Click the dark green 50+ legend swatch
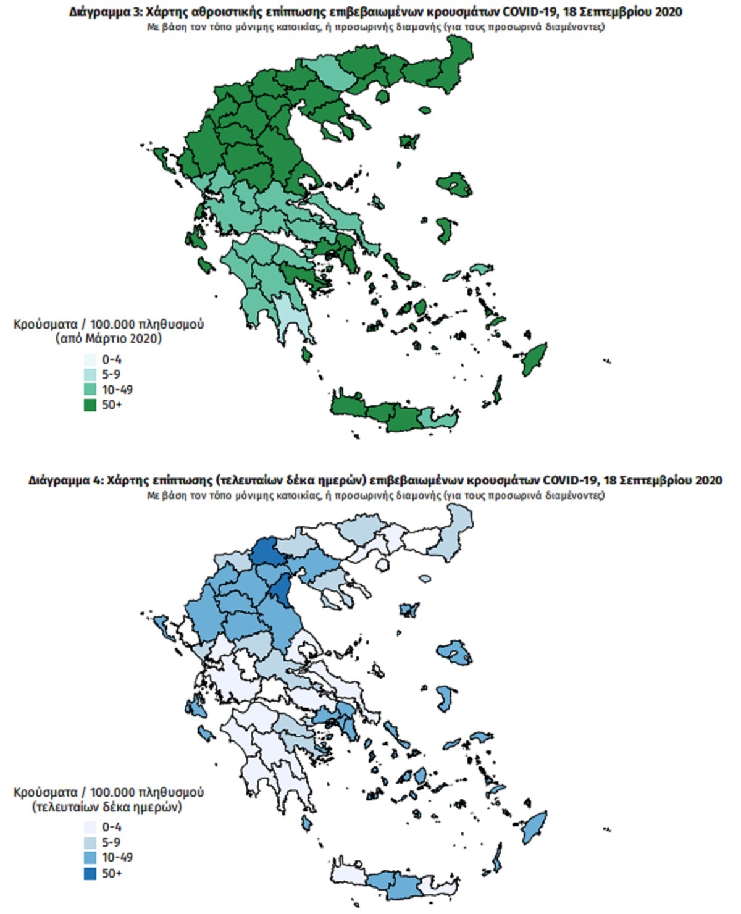(90, 405)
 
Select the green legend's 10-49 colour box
(90, 390)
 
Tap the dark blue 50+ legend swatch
(90, 873)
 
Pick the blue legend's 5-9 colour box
(90, 842)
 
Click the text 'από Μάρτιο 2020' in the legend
(108, 338)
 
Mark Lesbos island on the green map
(455, 184)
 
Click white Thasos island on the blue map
(382, 565)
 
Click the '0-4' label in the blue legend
(112, 827)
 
